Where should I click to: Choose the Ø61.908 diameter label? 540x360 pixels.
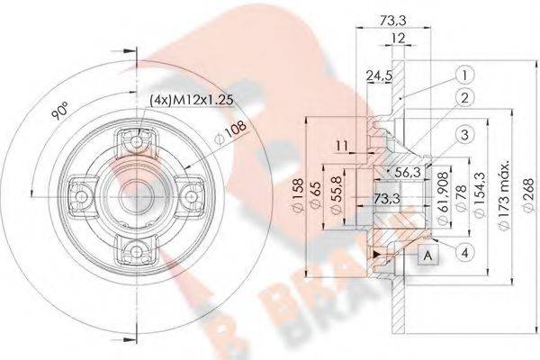[443, 200]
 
